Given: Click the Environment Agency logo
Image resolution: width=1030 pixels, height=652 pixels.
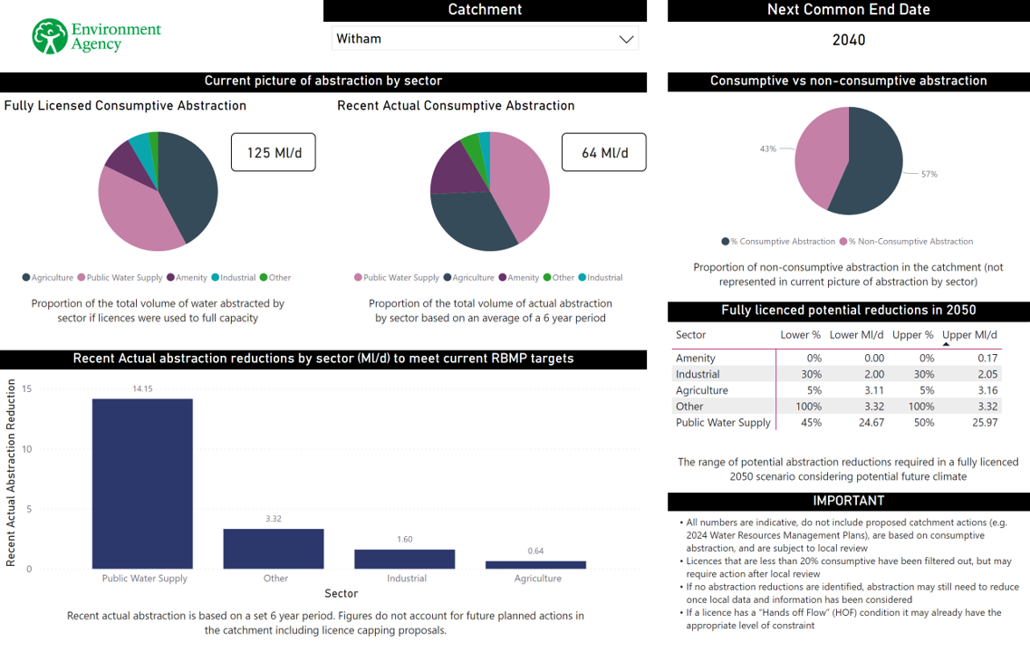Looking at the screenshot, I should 96,36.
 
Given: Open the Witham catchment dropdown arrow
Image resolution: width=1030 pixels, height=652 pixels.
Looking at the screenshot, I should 625,39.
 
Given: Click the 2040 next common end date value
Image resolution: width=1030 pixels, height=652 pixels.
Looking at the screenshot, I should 848,40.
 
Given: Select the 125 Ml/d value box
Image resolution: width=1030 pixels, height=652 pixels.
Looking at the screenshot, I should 272,153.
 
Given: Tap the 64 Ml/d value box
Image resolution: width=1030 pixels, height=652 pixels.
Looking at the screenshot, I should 604,153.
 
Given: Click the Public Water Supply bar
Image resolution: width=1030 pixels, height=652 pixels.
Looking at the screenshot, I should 142,484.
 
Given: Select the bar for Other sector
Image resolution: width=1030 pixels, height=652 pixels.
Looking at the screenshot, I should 274,549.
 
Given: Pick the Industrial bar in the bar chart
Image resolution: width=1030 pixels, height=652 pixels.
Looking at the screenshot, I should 404,559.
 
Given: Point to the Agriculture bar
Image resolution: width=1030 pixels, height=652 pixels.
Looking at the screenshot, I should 535,564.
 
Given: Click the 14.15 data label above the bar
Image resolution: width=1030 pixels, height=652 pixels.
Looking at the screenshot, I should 142,388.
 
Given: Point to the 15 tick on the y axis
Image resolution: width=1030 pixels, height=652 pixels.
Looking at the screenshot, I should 27,389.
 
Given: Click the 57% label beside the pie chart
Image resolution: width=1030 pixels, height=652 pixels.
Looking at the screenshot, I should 929,174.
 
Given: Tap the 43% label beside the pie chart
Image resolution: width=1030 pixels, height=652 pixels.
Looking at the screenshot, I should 768,149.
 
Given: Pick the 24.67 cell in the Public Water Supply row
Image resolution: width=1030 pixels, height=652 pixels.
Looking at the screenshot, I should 871,423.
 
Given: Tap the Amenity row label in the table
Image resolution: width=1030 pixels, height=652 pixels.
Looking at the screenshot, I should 696,359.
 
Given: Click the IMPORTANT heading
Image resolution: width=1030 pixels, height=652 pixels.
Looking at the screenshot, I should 848,501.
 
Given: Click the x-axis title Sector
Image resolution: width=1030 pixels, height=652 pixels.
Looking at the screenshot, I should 342,594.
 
